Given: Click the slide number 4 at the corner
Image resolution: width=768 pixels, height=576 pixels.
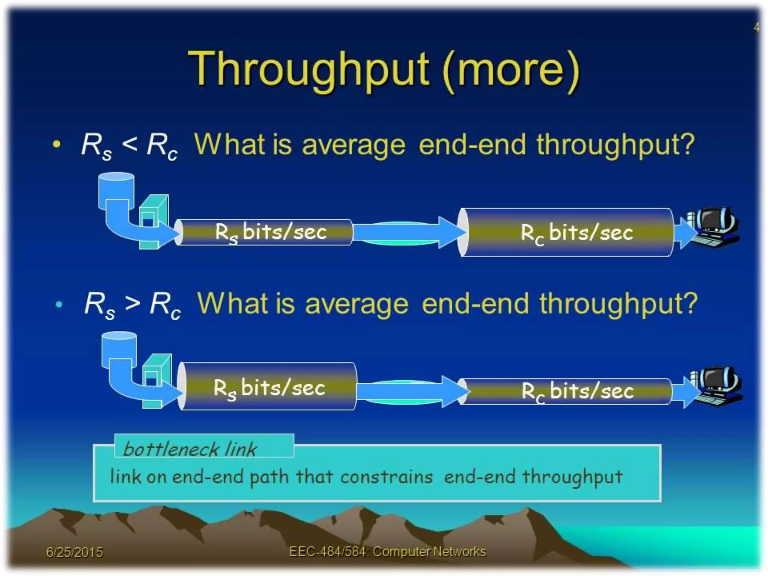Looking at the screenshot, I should [757, 27].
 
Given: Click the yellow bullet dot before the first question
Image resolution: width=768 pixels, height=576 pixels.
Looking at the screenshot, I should [57, 144].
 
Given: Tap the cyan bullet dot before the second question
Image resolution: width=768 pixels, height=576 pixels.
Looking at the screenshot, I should [59, 304].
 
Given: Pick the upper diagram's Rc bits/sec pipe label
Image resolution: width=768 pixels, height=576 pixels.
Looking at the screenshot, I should [576, 233].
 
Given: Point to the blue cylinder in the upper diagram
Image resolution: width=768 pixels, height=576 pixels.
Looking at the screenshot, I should [116, 189].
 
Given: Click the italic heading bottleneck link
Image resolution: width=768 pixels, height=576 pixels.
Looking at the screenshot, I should [190, 449].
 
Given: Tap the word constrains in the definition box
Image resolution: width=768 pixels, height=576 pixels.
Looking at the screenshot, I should [386, 477].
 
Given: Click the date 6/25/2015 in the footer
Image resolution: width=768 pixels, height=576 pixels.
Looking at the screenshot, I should [74, 552].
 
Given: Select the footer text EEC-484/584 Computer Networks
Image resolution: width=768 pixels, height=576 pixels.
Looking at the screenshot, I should [387, 552].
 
